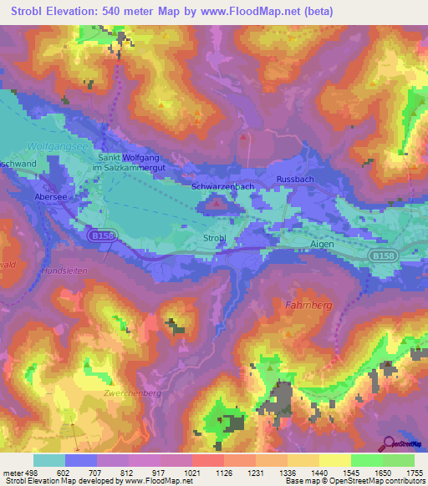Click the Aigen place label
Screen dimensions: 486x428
(322, 244)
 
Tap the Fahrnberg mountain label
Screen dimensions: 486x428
(308, 305)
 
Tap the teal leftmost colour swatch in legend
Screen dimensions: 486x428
(48, 460)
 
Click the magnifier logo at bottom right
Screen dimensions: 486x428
(388, 445)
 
